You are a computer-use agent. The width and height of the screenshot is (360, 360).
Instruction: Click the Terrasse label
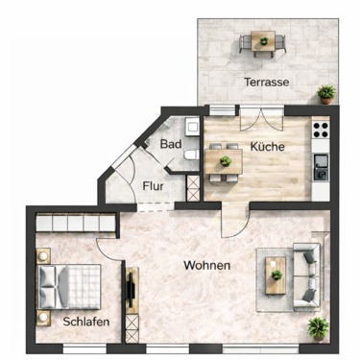(x=266, y=82)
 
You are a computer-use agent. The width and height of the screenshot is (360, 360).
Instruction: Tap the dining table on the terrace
(x=261, y=41)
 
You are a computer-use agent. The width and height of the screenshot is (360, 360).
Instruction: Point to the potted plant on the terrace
(x=327, y=93)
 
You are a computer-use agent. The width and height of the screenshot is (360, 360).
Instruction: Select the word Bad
(x=171, y=144)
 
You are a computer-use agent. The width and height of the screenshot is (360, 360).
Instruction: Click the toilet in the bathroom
(x=191, y=154)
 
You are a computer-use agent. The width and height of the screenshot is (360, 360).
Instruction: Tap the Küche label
(x=266, y=147)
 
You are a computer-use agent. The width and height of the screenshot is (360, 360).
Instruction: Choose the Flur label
(x=152, y=186)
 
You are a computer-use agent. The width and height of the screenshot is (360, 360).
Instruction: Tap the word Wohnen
(x=207, y=265)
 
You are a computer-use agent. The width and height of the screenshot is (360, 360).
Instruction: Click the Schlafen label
(x=84, y=322)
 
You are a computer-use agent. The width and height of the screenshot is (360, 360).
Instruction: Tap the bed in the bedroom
(x=67, y=284)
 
